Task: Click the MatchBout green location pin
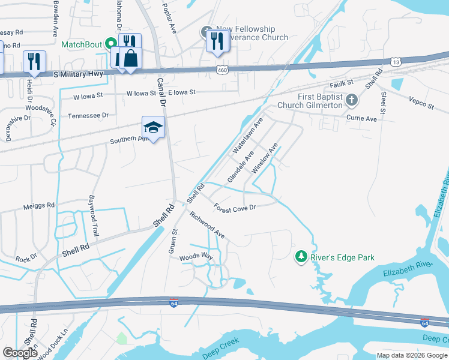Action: [x=110, y=44]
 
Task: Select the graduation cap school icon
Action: [x=153, y=127]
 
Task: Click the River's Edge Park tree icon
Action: [x=301, y=257]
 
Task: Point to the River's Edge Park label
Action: [x=342, y=258]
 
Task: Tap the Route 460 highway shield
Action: [x=221, y=70]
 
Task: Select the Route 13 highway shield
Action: [x=395, y=62]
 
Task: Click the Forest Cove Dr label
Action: [x=235, y=207]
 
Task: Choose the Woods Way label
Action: [x=196, y=257]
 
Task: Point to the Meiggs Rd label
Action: [x=38, y=205]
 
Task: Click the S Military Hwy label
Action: [x=78, y=74]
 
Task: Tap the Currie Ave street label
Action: [x=361, y=119]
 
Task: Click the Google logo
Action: [x=20, y=353]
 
